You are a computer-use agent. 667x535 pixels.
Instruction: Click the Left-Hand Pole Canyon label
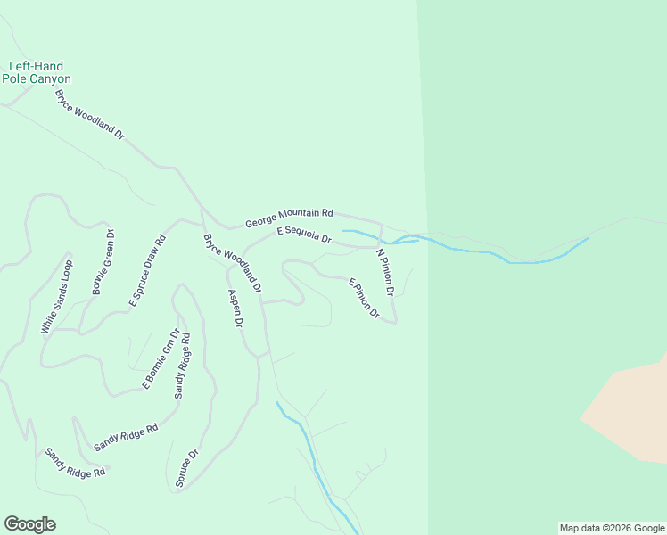(x=37, y=72)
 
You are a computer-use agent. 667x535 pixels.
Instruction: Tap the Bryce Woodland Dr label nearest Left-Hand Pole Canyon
(x=89, y=112)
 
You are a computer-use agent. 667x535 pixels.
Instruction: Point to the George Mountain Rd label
(x=289, y=216)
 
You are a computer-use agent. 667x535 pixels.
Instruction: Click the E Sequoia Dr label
(x=304, y=235)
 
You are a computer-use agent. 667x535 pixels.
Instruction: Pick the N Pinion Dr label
(x=385, y=272)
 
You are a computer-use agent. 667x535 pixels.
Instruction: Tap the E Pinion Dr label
(x=364, y=299)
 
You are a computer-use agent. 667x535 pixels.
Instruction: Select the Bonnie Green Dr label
(x=103, y=263)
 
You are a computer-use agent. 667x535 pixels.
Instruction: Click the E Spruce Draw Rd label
(x=148, y=271)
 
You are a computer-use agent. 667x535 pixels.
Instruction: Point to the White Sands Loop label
(x=56, y=297)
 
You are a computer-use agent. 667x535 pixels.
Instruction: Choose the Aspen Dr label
(x=235, y=309)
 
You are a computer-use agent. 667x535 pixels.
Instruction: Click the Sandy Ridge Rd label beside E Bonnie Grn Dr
(x=182, y=365)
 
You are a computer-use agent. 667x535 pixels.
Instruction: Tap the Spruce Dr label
(x=187, y=468)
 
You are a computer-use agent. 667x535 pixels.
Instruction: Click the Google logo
(x=29, y=524)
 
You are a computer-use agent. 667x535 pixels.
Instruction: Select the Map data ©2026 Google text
(x=612, y=528)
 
